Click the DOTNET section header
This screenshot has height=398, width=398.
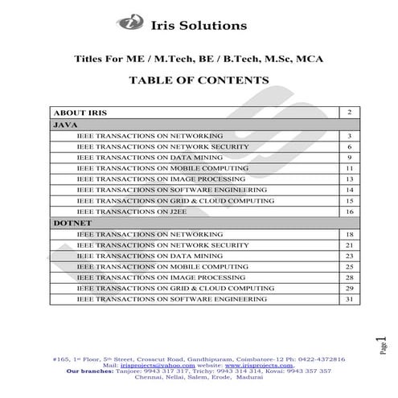click(x=72, y=222)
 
